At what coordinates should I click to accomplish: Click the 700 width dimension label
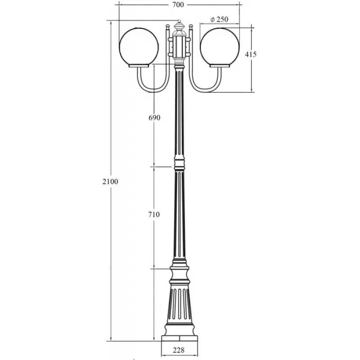click(x=178, y=4)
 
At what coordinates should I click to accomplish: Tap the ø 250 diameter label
click(x=219, y=19)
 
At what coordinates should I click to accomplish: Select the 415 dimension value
click(x=251, y=54)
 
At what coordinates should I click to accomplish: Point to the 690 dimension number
click(x=154, y=117)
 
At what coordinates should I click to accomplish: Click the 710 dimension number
click(x=154, y=215)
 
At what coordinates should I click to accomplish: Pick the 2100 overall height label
click(x=110, y=182)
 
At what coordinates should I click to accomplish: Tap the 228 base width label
click(x=178, y=350)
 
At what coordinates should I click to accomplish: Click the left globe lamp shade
click(x=139, y=46)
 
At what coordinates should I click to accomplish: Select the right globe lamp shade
click(x=220, y=46)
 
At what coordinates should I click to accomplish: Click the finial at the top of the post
click(x=179, y=25)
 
